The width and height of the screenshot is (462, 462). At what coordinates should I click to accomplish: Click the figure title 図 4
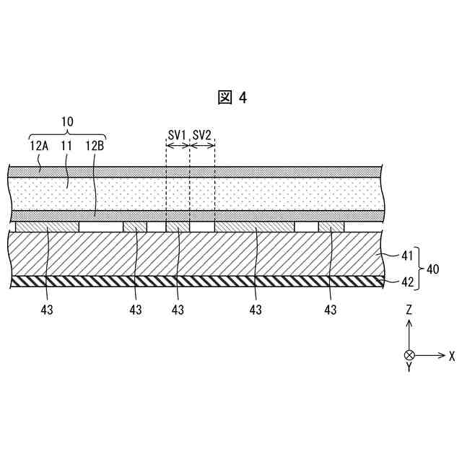pyautogui.click(x=232, y=98)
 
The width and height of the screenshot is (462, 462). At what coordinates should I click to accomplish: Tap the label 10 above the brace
pyautogui.click(x=66, y=122)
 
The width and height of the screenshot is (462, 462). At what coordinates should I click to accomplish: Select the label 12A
pyautogui.click(x=39, y=145)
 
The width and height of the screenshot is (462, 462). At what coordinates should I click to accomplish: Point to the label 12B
pyautogui.click(x=95, y=145)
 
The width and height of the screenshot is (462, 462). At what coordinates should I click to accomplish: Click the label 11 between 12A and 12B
pyautogui.click(x=67, y=145)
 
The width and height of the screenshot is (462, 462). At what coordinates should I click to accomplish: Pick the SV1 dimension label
pyautogui.click(x=178, y=135)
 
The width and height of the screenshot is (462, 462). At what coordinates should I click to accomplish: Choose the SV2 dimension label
pyautogui.click(x=202, y=135)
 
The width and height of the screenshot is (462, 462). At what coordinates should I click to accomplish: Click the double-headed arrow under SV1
pyautogui.click(x=178, y=145)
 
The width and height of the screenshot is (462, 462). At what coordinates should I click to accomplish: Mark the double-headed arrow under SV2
pyautogui.click(x=202, y=145)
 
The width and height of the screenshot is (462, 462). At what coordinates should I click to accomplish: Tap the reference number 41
pyautogui.click(x=408, y=255)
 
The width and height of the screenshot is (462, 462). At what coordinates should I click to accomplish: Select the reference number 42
pyautogui.click(x=408, y=282)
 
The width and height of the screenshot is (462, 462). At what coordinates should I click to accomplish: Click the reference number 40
pyautogui.click(x=432, y=269)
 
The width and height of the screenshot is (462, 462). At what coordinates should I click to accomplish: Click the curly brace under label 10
pyautogui.click(x=66, y=134)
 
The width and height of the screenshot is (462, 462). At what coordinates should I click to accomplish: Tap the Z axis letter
pyautogui.click(x=409, y=310)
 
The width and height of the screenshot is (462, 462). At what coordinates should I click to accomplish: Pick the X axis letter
pyautogui.click(x=452, y=355)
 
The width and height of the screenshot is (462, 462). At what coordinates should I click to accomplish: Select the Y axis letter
pyautogui.click(x=409, y=367)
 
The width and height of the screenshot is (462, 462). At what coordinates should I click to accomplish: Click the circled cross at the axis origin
pyautogui.click(x=409, y=354)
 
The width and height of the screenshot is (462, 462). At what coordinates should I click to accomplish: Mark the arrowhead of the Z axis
pyautogui.click(x=409, y=323)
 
